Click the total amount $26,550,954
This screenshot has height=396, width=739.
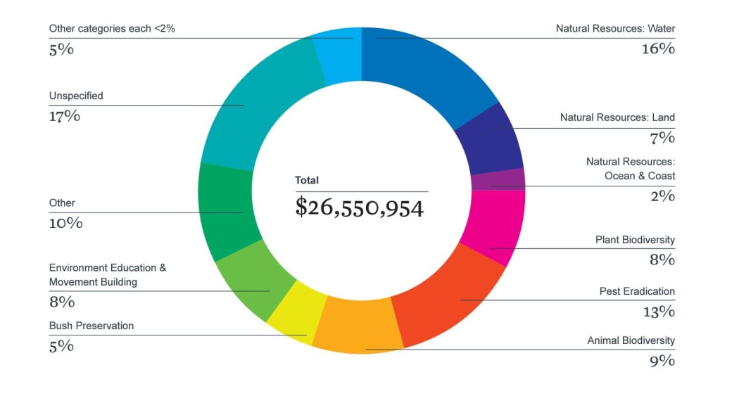(359, 207)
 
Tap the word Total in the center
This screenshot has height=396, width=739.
(307, 181)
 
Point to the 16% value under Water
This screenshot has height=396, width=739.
(657, 49)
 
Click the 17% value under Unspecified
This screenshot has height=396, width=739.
(64, 116)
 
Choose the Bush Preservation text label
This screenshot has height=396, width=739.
(91, 326)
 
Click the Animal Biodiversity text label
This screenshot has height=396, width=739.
(631, 341)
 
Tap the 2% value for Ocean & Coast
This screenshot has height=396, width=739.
(662, 196)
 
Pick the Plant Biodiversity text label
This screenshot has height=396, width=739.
(635, 240)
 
